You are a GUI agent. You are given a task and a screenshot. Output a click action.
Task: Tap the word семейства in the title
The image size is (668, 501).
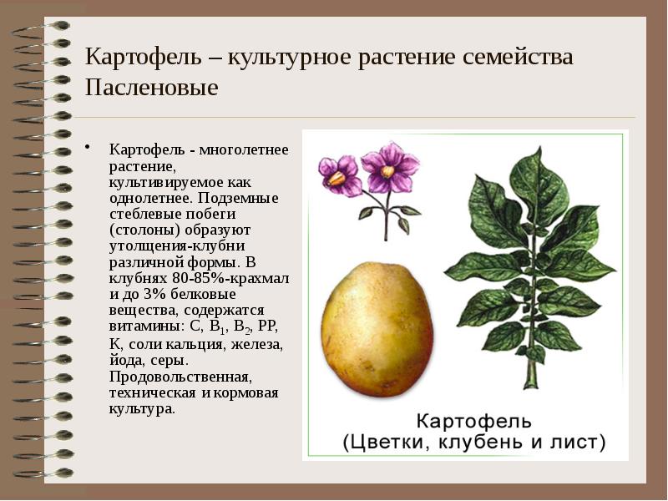pos(514,58)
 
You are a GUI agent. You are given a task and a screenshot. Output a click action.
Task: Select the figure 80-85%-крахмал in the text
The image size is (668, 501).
pos(236,280)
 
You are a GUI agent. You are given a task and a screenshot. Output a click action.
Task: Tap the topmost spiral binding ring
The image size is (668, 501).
pos(38,26)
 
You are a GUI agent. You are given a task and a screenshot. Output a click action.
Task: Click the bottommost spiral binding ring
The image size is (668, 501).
pos(38,473)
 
